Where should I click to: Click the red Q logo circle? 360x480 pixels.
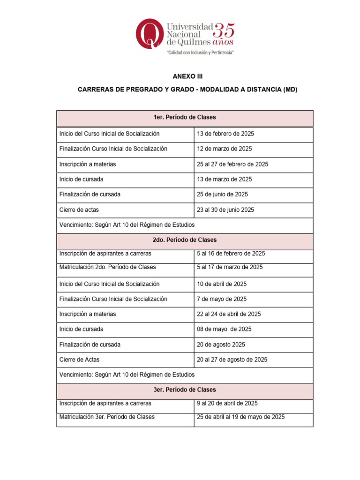click(150, 34)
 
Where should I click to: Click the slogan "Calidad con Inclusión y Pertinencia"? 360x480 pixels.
click(200, 53)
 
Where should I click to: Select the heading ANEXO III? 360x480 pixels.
click(185, 76)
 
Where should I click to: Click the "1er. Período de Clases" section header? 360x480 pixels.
click(185, 117)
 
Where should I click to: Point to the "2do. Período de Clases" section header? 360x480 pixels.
click(185, 240)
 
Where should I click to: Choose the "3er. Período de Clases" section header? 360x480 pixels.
click(185, 390)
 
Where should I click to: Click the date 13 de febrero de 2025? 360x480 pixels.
click(225, 134)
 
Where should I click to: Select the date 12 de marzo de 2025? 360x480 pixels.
click(224, 149)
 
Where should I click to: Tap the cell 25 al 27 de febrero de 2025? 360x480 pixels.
click(232, 164)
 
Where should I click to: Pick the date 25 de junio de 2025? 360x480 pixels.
click(222, 194)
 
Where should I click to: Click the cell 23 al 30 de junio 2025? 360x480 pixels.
click(225, 210)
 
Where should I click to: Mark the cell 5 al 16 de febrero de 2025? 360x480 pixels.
click(231, 254)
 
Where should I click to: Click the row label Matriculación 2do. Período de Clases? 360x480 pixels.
click(108, 267)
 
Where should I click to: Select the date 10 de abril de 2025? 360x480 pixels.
click(222, 284)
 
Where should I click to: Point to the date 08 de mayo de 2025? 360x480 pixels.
click(224, 329)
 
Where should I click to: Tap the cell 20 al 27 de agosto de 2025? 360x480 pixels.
click(232, 360)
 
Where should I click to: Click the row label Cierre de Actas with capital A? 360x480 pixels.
click(79, 360)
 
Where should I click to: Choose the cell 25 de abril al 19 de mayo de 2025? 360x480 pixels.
click(240, 417)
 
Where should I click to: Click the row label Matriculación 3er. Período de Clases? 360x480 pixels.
click(107, 417)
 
